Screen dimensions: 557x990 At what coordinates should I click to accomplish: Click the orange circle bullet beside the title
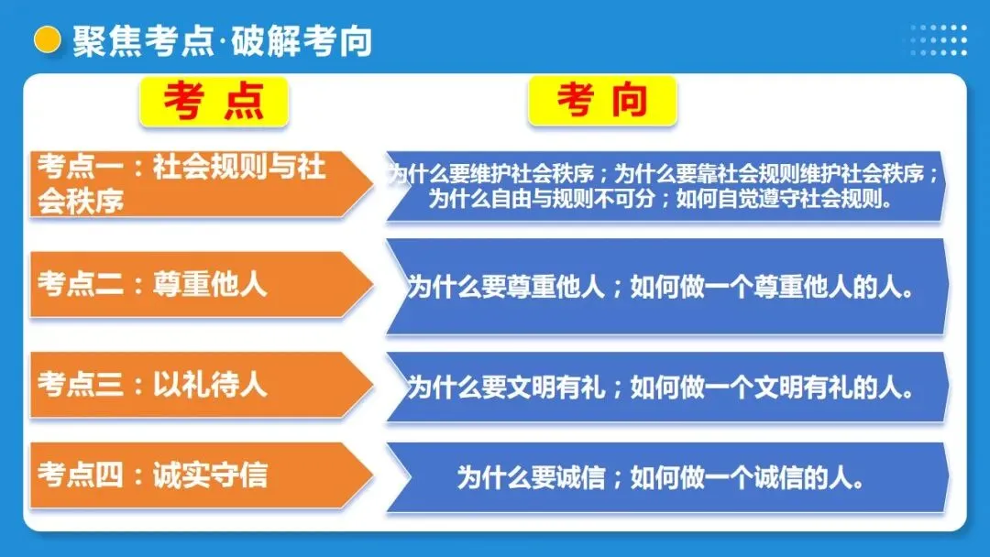(x=46, y=40)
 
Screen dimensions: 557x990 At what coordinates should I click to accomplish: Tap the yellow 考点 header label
(x=214, y=101)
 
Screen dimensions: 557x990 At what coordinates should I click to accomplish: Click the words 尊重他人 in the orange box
(x=210, y=285)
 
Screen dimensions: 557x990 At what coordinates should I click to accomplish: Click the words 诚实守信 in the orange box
(x=210, y=475)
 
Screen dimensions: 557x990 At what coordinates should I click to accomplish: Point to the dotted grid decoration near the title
(x=939, y=40)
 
